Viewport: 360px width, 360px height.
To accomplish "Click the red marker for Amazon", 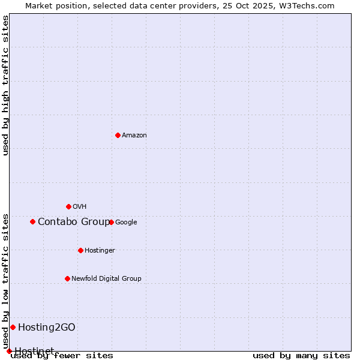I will (x=118, y=135).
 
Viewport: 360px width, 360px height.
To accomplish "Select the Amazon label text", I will (x=134, y=136).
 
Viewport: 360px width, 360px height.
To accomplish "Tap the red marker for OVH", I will (x=68, y=206).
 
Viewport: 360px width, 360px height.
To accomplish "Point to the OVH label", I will (x=80, y=207).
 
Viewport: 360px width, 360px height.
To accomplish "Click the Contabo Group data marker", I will (x=32, y=221).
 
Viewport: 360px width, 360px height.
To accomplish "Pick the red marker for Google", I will (x=112, y=222).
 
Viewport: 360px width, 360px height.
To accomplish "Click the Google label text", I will (x=126, y=223).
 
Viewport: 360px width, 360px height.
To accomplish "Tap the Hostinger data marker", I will (x=80, y=250).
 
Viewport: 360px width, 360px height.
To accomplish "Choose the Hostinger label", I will (x=100, y=251).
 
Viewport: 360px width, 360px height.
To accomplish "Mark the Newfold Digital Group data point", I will (x=67, y=278).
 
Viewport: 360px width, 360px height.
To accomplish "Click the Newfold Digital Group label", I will (x=106, y=279).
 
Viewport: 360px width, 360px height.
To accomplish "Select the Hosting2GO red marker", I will (x=13, y=327).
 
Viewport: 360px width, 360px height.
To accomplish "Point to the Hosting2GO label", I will (x=47, y=328).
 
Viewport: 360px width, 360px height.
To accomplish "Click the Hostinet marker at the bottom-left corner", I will (x=9, y=351).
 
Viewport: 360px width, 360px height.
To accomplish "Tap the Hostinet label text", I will (x=34, y=351).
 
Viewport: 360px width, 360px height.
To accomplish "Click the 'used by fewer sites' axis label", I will (x=62, y=356).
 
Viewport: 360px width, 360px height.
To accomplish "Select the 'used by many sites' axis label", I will (x=301, y=356).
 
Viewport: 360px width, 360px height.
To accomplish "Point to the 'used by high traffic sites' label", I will (x=5, y=85).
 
